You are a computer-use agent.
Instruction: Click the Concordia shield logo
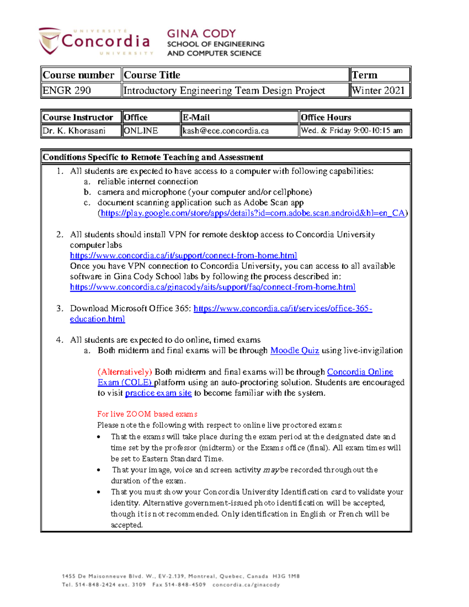50,40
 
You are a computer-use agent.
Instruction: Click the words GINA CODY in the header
201,34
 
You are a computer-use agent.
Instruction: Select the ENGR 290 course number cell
67,91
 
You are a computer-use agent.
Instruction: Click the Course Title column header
152,75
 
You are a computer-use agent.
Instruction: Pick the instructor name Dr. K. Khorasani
74,131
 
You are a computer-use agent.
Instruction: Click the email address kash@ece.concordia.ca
226,131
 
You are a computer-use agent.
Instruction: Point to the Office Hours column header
326,117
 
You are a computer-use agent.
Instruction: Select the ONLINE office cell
141,131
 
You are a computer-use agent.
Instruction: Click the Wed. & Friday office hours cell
352,131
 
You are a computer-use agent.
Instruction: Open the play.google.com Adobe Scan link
252,213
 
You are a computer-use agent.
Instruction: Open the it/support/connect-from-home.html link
183,256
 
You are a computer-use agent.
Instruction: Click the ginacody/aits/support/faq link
213,287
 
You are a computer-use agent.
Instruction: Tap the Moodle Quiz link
295,351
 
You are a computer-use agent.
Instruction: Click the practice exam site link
158,393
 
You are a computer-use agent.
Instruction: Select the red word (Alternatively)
125,372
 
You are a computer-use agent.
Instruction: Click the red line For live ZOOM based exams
147,414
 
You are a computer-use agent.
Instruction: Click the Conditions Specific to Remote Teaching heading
153,157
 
